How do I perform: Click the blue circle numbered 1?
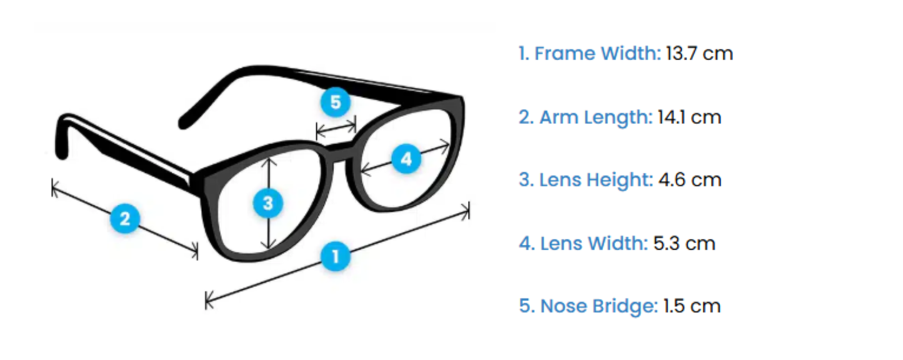click(336, 256)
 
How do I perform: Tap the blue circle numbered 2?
click(125, 219)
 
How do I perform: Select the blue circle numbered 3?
click(268, 202)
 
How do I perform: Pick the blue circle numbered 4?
click(406, 159)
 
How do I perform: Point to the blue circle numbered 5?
click(336, 102)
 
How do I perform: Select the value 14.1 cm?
click(689, 117)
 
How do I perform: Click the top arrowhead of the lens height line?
click(269, 159)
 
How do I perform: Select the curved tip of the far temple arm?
click(184, 122)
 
